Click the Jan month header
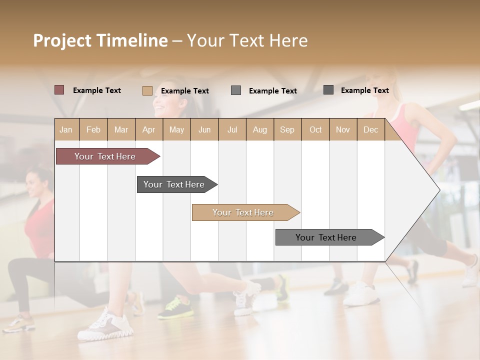coord(66,129)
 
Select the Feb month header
coord(93,129)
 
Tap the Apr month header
coord(148,129)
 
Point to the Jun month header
coord(204,129)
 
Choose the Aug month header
coord(259,129)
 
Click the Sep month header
coord(287,129)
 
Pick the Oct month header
coord(315,129)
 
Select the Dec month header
coord(370,129)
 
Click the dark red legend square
coord(59,90)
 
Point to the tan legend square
coord(147,90)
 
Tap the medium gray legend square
coord(236,90)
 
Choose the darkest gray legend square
coord(328,90)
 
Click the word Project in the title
coord(62,40)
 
